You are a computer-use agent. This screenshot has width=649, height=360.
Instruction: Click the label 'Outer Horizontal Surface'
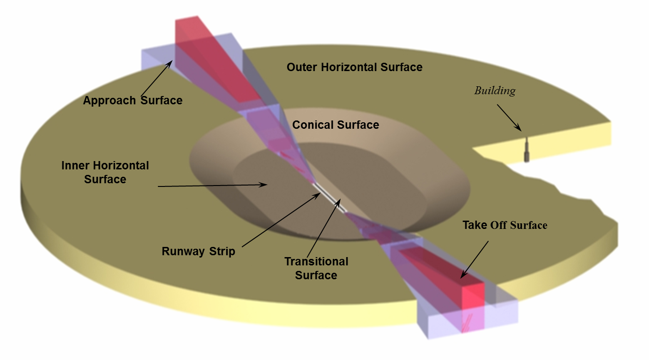click(x=355, y=67)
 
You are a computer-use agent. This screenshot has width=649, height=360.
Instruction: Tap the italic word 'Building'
click(x=495, y=91)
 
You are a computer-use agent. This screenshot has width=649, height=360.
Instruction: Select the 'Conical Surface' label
click(x=336, y=125)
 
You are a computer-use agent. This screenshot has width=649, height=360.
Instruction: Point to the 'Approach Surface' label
click(x=132, y=100)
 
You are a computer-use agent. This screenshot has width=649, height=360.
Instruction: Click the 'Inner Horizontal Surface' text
click(x=105, y=172)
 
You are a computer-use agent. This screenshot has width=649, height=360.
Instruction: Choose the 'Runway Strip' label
click(x=198, y=252)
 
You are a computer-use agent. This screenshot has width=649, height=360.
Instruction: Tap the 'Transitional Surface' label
click(x=316, y=268)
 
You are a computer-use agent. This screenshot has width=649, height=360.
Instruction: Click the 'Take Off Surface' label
click(x=505, y=225)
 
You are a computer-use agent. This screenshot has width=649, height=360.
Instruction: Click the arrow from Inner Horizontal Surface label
click(x=212, y=186)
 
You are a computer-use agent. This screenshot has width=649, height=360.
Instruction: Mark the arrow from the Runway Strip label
click(x=281, y=220)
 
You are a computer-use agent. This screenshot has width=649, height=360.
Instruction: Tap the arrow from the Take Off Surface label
click(x=475, y=259)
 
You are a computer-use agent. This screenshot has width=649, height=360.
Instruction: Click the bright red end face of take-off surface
click(x=473, y=305)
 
